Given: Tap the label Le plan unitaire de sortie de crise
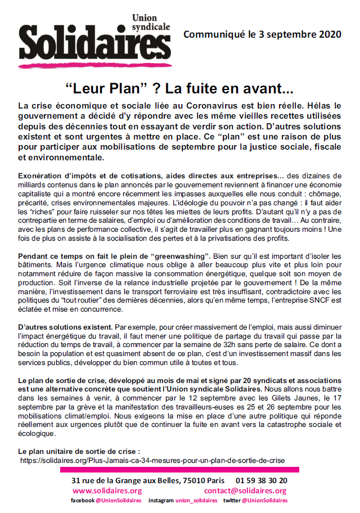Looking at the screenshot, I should (x=79, y=451).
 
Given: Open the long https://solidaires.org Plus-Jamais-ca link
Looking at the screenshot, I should (x=152, y=460).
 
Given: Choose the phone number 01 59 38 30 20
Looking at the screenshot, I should (x=262, y=480).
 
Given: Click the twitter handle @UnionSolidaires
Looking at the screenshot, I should (x=265, y=500).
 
